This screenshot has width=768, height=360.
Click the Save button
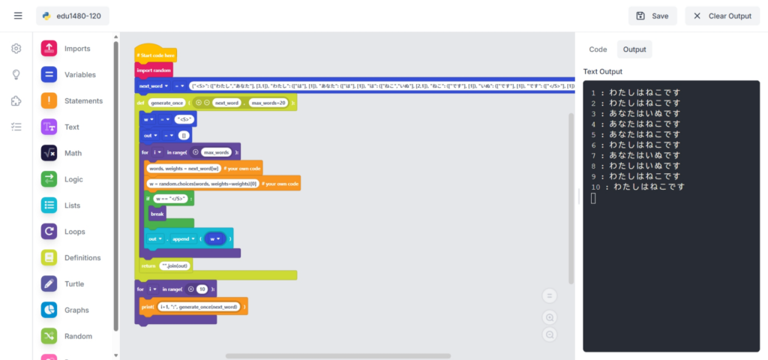click(x=652, y=16)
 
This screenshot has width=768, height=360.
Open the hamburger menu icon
click(x=18, y=16)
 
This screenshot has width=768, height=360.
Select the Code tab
click(x=598, y=49)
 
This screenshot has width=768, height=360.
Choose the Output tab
click(x=634, y=49)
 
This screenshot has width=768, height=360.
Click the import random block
click(x=154, y=70)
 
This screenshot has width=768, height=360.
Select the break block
click(x=157, y=214)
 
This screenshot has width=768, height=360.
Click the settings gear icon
click(x=16, y=49)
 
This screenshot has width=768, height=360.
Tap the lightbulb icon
click(x=16, y=75)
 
